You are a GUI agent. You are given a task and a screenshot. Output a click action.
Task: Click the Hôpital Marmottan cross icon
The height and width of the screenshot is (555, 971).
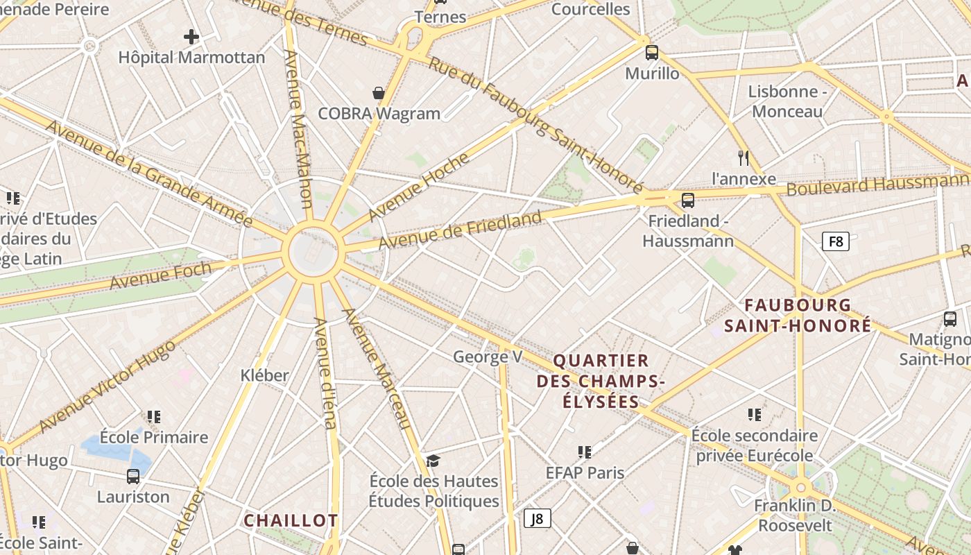pos(191,37)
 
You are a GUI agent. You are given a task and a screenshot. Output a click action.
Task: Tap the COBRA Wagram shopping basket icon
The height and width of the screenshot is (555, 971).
pos(379,93)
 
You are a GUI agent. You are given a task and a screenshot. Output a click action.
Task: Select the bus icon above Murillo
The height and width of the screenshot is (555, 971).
pos(651,52)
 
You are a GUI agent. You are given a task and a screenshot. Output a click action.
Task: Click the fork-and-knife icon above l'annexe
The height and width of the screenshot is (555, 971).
pos(744,158)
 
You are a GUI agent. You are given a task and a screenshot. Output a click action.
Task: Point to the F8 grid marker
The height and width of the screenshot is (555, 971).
pos(835,241)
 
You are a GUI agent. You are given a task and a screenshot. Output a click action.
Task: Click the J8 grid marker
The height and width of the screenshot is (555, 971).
pos(537,518)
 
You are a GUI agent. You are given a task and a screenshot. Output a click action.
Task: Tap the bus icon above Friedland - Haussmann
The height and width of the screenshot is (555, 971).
pos(687,200)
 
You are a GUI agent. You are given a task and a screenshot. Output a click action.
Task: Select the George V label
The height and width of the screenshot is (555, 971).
pos(487,357)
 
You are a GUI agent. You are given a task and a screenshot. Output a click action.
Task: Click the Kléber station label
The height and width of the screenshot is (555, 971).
pos(264,375)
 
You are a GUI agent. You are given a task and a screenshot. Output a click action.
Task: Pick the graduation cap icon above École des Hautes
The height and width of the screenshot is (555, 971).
pos(433,461)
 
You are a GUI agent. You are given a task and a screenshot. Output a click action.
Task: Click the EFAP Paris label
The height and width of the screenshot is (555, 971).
pos(585,472)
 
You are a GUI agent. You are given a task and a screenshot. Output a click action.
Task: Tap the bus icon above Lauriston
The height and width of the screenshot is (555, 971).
pos(133,477)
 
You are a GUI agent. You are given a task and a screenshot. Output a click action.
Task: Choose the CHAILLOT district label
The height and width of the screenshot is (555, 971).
pos(291,520)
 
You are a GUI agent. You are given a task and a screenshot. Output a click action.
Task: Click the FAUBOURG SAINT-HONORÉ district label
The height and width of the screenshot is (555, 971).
pos(798,316)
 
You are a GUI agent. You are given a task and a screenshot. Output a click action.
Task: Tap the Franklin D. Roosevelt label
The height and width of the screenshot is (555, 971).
pos(795,515)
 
